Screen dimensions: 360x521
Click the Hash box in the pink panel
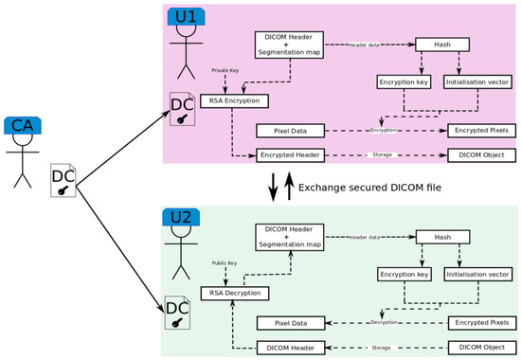coord(440,45)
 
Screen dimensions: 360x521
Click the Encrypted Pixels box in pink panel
coord(481,129)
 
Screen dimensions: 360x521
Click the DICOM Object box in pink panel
coord(481,154)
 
